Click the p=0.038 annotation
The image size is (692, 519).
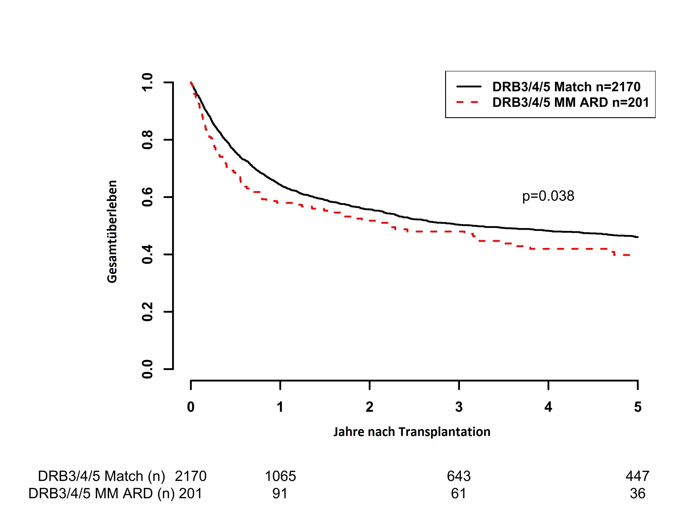[x=548, y=196]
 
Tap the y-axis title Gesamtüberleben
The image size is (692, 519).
[x=112, y=232]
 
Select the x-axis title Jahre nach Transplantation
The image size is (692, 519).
[x=411, y=432]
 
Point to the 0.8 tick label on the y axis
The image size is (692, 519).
[x=147, y=140]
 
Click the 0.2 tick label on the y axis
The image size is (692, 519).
[x=147, y=312]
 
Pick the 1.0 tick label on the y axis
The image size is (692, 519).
[x=147, y=82]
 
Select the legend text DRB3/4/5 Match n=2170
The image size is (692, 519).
[x=566, y=87]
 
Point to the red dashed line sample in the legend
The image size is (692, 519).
[x=468, y=102]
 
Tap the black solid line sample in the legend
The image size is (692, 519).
[x=468, y=86]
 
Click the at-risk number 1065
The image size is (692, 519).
[x=280, y=476]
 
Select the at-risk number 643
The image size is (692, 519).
[x=459, y=476]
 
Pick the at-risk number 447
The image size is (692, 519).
[x=637, y=476]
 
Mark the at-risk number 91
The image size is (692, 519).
[x=280, y=493]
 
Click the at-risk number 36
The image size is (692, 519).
[x=637, y=493]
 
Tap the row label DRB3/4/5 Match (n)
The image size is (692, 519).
[x=101, y=476]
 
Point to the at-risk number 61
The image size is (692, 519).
[x=458, y=493]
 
